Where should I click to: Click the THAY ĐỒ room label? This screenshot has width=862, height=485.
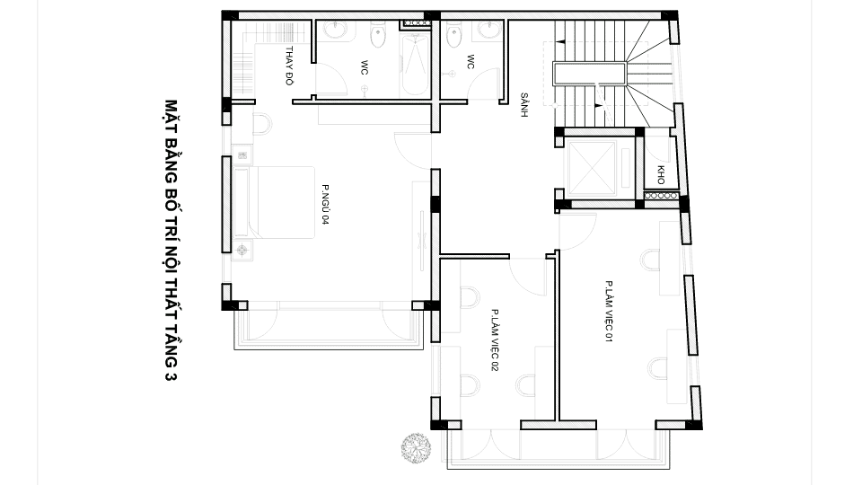click(290, 65)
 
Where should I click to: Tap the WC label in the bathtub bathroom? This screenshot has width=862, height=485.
click(365, 67)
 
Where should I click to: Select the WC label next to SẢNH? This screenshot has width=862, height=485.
click(470, 61)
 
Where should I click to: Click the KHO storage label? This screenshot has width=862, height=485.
click(661, 174)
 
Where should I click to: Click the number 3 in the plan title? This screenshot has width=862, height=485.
click(167, 377)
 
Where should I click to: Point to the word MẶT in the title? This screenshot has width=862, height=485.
click(167, 114)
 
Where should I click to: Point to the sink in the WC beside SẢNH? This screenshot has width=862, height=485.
click(488, 30)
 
